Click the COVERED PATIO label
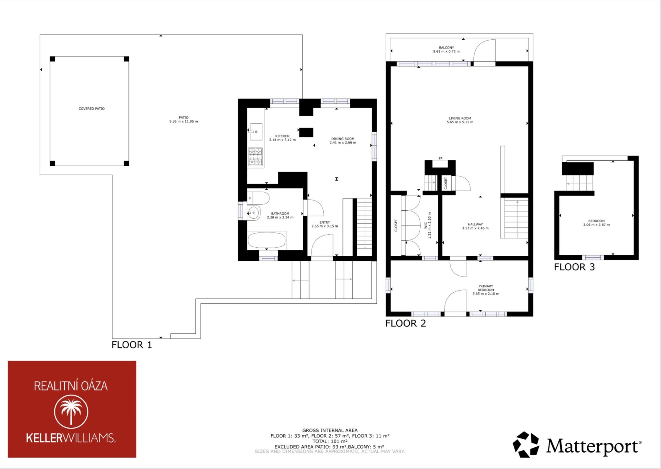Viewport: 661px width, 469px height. click(x=92, y=109)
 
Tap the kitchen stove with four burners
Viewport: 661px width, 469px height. click(x=255, y=157)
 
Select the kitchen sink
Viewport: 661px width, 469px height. click(x=256, y=132)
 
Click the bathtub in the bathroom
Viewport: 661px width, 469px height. click(x=266, y=240)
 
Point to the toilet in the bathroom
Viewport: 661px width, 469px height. click(x=259, y=198)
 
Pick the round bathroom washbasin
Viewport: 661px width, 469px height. click(x=253, y=213)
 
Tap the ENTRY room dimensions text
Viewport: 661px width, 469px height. click(x=325, y=226)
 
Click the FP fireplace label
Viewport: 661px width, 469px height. click(x=440, y=159)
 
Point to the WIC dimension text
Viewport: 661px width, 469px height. click(x=429, y=225)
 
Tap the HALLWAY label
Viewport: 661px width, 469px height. click(x=475, y=224)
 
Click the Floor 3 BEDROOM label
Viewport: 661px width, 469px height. click(x=596, y=221)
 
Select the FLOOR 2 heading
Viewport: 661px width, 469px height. click(x=406, y=323)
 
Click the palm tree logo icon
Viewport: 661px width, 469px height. click(x=71, y=412)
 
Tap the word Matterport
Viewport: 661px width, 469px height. click(x=594, y=446)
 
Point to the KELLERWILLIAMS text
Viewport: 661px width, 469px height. click(x=71, y=438)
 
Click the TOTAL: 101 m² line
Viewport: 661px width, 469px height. click(x=330, y=441)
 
